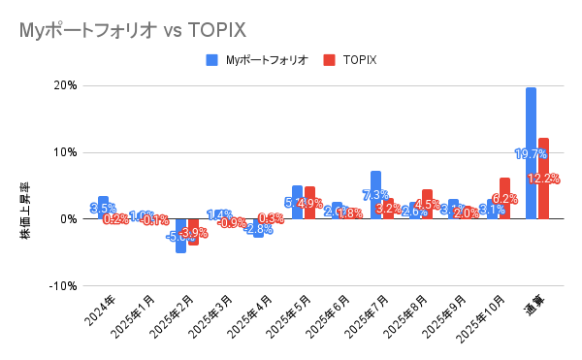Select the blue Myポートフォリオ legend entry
(x=257, y=60)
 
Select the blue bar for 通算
(x=531, y=152)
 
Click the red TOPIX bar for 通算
(x=543, y=178)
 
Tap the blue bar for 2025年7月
(x=375, y=194)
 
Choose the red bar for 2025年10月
(x=504, y=198)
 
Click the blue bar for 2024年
(x=103, y=207)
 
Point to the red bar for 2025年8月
(x=427, y=204)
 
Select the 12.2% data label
(x=543, y=179)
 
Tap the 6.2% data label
(x=504, y=198)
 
